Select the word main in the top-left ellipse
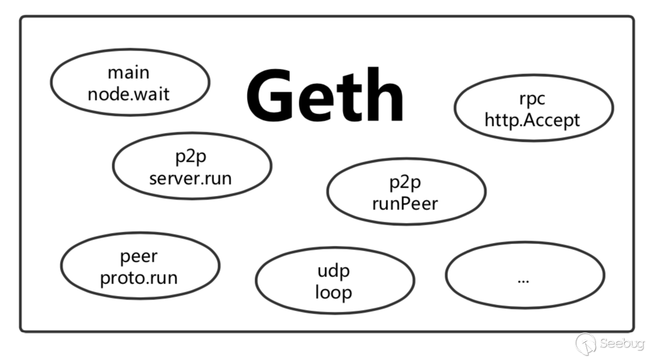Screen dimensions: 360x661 pyautogui.click(x=128, y=72)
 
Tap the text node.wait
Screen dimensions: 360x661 pyautogui.click(x=128, y=93)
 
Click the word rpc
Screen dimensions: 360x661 pyautogui.click(x=532, y=99)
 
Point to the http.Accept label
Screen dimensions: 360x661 pyautogui.click(x=532, y=119)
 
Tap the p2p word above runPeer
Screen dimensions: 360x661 pyautogui.click(x=405, y=182)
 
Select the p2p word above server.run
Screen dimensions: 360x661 pyautogui.click(x=191, y=156)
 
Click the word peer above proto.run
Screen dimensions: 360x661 pyautogui.click(x=139, y=256)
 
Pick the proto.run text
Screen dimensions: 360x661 pyautogui.click(x=139, y=277)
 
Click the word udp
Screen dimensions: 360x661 pyautogui.click(x=333, y=271)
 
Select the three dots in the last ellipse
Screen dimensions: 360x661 pyautogui.click(x=523, y=279)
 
